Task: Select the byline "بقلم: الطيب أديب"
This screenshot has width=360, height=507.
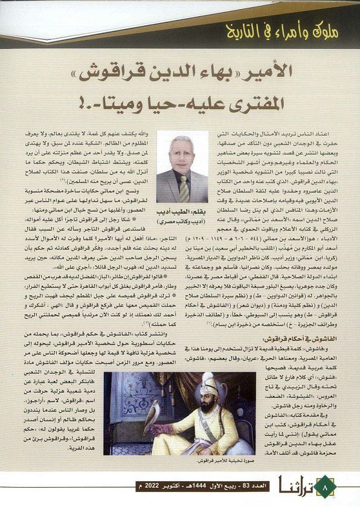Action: [x=181, y=212]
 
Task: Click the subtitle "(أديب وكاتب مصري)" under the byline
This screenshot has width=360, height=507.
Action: [x=181, y=221]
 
